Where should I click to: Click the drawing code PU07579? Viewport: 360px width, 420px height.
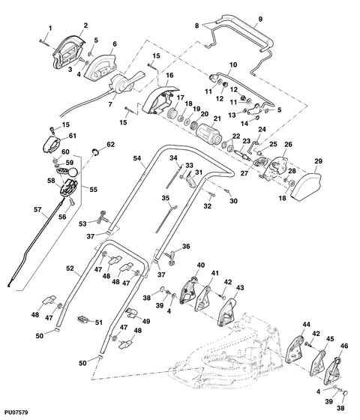pyautogui.click(x=16, y=412)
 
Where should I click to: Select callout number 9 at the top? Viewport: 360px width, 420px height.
pyautogui.click(x=260, y=19)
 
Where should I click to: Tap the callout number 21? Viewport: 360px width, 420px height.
pyautogui.click(x=217, y=118)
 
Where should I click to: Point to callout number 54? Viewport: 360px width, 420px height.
pyautogui.click(x=136, y=158)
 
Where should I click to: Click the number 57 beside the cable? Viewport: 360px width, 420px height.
pyautogui.click(x=37, y=209)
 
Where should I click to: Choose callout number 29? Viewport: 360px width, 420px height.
pyautogui.click(x=319, y=161)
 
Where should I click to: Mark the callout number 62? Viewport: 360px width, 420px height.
pyautogui.click(x=111, y=145)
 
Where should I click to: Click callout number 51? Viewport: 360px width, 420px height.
pyautogui.click(x=99, y=322)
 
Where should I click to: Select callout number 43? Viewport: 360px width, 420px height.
pyautogui.click(x=240, y=288)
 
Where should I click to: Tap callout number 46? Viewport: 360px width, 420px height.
pyautogui.click(x=344, y=346)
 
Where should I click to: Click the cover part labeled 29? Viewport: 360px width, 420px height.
pyautogui.click(x=305, y=186)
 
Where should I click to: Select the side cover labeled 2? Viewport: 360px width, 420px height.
pyautogui.click(x=69, y=52)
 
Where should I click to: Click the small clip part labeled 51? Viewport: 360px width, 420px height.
pyautogui.click(x=83, y=319)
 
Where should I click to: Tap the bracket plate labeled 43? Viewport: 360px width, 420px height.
pyautogui.click(x=228, y=312)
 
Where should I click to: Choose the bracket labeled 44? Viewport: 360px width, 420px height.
pyautogui.click(x=294, y=349)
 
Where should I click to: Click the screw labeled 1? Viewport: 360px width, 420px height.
pyautogui.click(x=44, y=43)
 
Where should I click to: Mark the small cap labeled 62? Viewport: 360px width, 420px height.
pyautogui.click(x=95, y=151)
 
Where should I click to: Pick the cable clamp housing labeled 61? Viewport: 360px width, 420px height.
pyautogui.click(x=52, y=145)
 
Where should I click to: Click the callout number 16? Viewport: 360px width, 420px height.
pyautogui.click(x=169, y=76)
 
